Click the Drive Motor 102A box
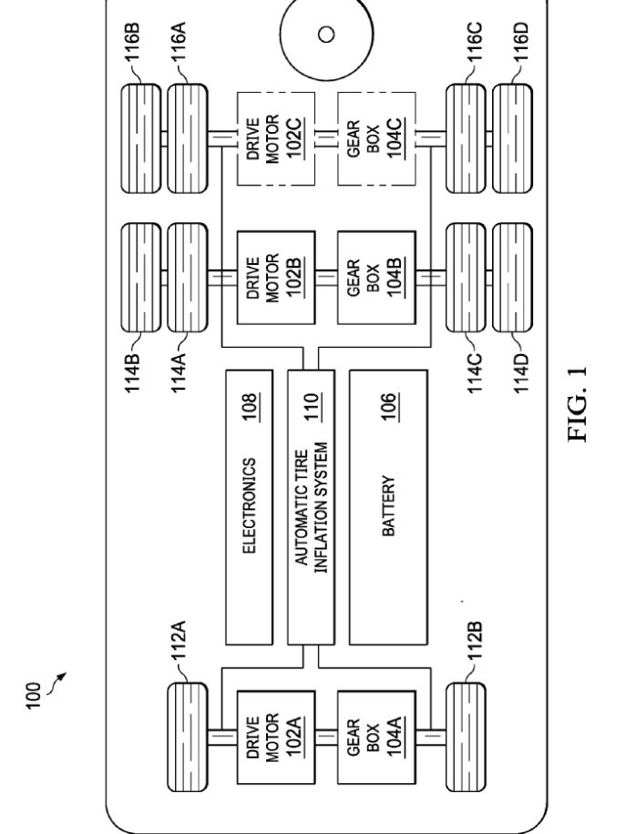pyautogui.click(x=276, y=737)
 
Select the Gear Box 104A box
pyautogui.click(x=376, y=737)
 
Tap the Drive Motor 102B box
pyautogui.click(x=276, y=277)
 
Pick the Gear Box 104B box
pyautogui.click(x=376, y=277)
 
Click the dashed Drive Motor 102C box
pyautogui.click(x=276, y=138)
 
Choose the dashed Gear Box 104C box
pyautogui.click(x=376, y=138)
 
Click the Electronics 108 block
pyautogui.click(x=249, y=507)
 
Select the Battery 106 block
pyautogui.click(x=388, y=507)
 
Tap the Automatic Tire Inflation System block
pyautogui.click(x=311, y=507)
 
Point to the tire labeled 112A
pyautogui.click(x=188, y=737)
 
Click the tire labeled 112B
pyautogui.click(x=466, y=737)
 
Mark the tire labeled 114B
pyautogui.click(x=141, y=277)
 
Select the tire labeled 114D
pyautogui.click(x=512, y=277)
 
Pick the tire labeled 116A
pyautogui.click(x=188, y=138)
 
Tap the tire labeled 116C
pyautogui.click(x=466, y=138)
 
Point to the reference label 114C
pyautogui.click(x=475, y=373)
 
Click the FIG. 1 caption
pyautogui.click(x=578, y=403)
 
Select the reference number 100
pyautogui.click(x=33, y=696)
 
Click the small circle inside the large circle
pyautogui.click(x=326, y=34)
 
